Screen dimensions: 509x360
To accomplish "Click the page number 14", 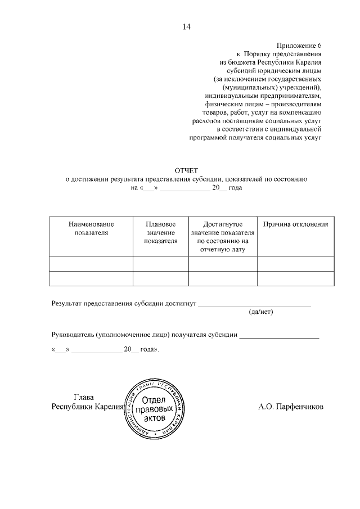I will point(187,26).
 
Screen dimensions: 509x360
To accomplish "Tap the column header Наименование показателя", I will point(91,228).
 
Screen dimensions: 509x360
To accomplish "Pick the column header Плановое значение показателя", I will point(160,232).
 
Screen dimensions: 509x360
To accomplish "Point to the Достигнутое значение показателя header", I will point(223,236).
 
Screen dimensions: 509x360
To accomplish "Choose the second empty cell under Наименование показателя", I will point(91,278).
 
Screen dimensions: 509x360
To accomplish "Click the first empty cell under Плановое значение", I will point(160,264).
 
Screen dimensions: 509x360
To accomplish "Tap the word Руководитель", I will point(72,335).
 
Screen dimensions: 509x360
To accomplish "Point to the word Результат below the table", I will point(66,303).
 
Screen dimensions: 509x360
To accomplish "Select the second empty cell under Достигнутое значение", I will point(223,278).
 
